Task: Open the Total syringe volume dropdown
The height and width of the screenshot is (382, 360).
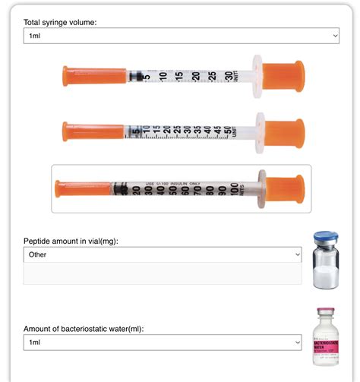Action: tap(181, 36)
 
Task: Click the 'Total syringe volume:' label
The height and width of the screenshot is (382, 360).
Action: tap(60, 22)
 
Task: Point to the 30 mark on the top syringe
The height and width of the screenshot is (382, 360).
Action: tap(229, 76)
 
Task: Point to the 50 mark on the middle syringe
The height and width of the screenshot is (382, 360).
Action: tap(228, 131)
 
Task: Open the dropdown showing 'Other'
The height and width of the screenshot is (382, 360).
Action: tap(163, 254)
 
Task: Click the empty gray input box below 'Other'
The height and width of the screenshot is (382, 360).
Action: tap(163, 273)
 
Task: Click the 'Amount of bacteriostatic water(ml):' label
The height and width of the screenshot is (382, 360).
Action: tap(83, 328)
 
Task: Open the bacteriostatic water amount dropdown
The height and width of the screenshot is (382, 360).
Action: tap(163, 343)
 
